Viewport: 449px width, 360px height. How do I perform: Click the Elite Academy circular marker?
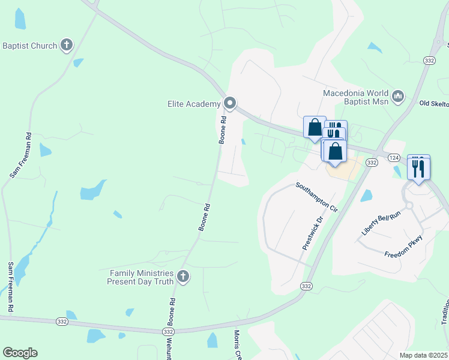click(229, 104)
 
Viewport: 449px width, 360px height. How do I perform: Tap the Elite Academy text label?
click(194, 104)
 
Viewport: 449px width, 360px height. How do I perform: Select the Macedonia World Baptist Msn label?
click(355, 97)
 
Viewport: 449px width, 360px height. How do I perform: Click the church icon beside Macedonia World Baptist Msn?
click(397, 96)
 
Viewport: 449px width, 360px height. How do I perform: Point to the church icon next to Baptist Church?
click(66, 45)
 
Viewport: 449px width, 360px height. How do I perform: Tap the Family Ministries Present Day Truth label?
click(141, 277)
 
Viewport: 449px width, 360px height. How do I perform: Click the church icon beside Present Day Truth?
click(182, 277)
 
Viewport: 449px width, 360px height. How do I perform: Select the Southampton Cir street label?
click(317, 197)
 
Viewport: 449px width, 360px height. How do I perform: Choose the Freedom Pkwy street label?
click(404, 247)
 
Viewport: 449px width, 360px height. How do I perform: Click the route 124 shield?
click(393, 157)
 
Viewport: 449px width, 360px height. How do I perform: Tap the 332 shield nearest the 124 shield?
click(372, 163)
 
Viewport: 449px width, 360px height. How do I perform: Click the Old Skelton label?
click(433, 104)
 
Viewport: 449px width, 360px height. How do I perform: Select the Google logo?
click(20, 353)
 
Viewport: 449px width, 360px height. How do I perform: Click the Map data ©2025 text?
click(424, 355)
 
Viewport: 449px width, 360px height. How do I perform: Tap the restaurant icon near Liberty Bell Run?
click(418, 167)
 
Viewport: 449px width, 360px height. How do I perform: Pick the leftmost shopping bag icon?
click(315, 127)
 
